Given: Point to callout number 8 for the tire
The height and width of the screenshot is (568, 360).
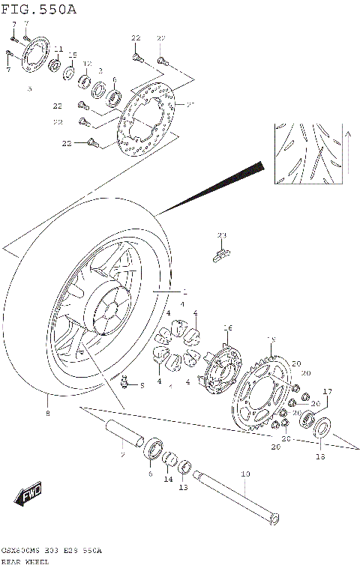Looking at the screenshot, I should (x=48, y=413).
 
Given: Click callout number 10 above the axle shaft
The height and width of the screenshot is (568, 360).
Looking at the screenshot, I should (x=244, y=474).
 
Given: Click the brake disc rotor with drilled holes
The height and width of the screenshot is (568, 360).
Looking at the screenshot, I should (x=145, y=116).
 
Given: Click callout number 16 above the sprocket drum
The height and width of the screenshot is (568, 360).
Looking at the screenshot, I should (x=228, y=327).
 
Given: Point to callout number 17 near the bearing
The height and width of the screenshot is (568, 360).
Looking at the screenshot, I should (x=327, y=392).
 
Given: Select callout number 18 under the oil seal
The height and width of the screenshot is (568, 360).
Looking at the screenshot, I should (x=319, y=455).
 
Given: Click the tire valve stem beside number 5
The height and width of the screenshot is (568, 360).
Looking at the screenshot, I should (x=125, y=384).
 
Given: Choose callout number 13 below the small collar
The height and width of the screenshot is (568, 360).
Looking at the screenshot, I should (x=182, y=488).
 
